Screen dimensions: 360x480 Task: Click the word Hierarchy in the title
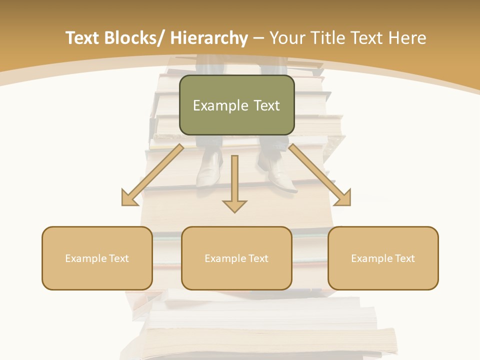point(209,38)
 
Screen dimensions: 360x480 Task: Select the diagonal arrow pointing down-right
point(320,176)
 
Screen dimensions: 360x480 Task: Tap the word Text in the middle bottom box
point(258,258)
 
